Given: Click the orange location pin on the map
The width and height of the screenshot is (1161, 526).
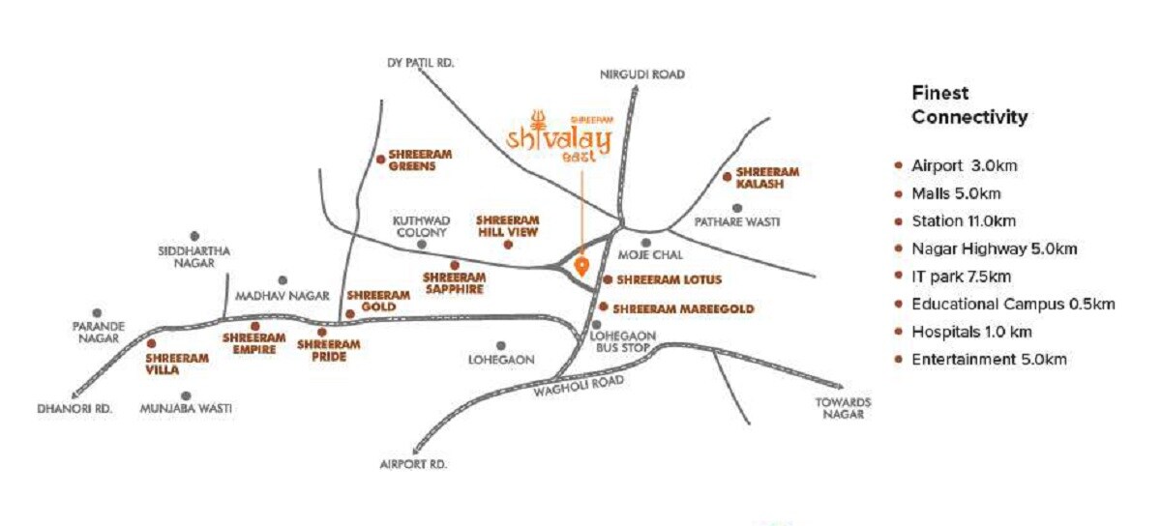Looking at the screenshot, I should pyautogui.click(x=581, y=265).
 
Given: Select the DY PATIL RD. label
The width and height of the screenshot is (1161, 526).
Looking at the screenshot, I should pyautogui.click(x=420, y=63).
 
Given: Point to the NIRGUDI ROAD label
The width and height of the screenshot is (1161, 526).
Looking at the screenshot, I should pyautogui.click(x=641, y=73).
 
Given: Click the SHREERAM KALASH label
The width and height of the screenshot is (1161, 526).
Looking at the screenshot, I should pyautogui.click(x=767, y=178).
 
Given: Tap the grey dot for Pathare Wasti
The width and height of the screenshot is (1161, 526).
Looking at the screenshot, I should pyautogui.click(x=737, y=208).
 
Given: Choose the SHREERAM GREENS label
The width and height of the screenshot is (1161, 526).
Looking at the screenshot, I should pyautogui.click(x=420, y=160).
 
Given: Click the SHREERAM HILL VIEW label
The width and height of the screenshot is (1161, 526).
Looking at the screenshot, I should pyautogui.click(x=507, y=225).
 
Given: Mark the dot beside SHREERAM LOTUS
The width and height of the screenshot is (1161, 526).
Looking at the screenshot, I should pyautogui.click(x=608, y=280).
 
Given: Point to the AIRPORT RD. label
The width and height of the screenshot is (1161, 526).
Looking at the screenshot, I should pyautogui.click(x=414, y=465).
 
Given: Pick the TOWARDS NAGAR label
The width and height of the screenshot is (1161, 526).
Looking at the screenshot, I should pyautogui.click(x=843, y=408).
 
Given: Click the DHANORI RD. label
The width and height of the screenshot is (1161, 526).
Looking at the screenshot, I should pyautogui.click(x=75, y=409).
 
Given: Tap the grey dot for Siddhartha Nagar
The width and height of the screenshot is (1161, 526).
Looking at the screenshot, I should pyautogui.click(x=194, y=236).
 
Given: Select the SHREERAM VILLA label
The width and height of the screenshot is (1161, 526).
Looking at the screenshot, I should pyautogui.click(x=177, y=363).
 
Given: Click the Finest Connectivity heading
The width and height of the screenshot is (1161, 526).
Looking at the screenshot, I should pyautogui.click(x=968, y=105).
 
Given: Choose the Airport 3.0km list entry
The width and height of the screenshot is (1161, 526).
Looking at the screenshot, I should pyautogui.click(x=964, y=166).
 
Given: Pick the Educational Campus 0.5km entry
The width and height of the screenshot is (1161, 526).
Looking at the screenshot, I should pyautogui.click(x=1013, y=305).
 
